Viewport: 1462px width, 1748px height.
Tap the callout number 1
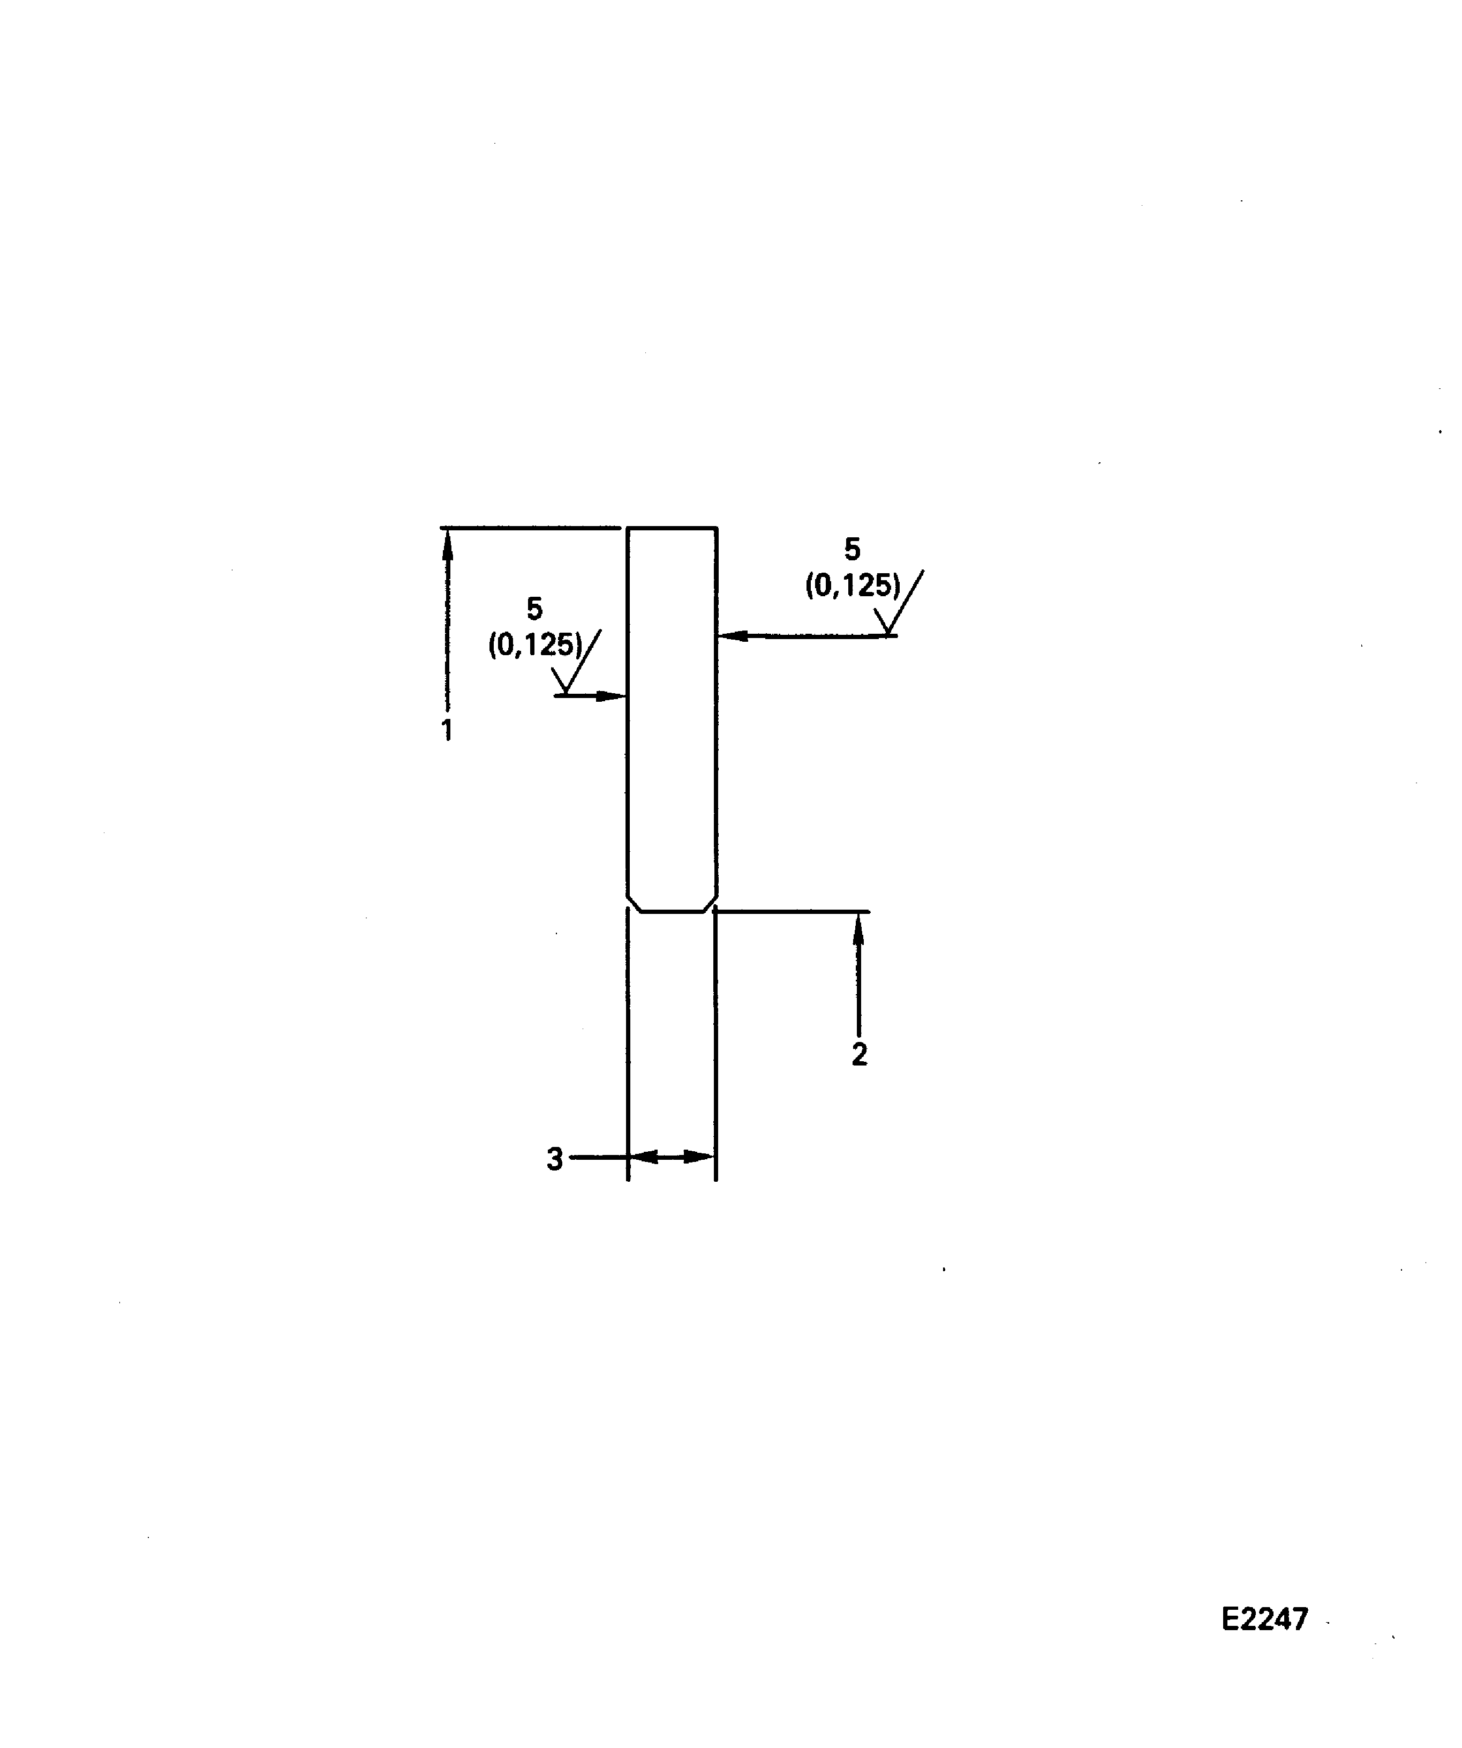[x=447, y=729]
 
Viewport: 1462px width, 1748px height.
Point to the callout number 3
[x=555, y=1159]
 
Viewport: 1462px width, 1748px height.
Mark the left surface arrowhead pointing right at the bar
[x=612, y=696]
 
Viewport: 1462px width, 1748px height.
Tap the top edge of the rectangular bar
[x=672, y=528]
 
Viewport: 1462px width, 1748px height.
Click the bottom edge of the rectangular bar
[x=672, y=911]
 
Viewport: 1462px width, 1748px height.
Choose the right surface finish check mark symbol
[x=900, y=606]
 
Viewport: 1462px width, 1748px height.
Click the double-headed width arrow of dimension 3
[x=672, y=1157]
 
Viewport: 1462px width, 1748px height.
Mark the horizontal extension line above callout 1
[x=530, y=528]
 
